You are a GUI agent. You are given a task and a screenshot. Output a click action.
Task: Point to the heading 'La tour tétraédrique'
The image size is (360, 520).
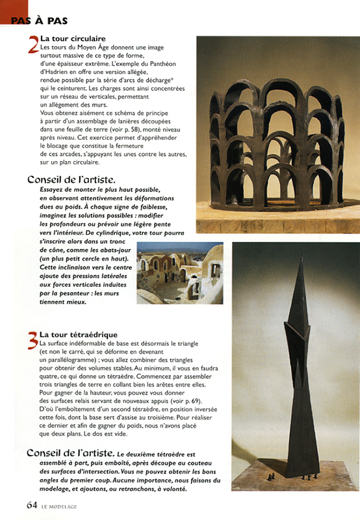click(x=78, y=335)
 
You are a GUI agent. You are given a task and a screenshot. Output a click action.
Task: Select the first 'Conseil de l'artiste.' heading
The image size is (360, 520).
click(x=71, y=179)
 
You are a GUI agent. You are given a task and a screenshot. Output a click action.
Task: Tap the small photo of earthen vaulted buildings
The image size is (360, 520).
click(x=179, y=273)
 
